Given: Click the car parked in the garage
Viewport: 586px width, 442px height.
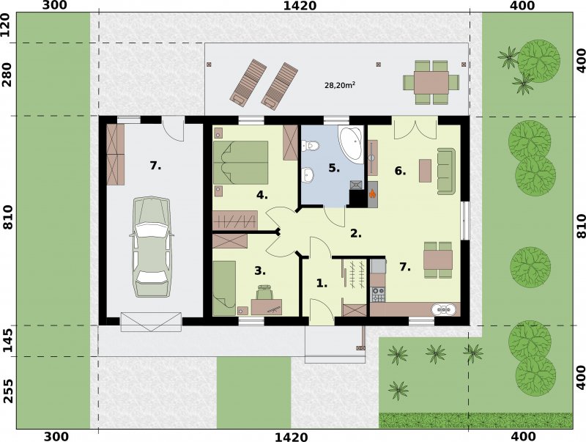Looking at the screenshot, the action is click(152, 247).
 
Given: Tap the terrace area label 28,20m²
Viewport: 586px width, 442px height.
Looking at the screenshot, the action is click(339, 85).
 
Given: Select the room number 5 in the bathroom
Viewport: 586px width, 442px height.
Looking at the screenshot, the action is click(334, 169).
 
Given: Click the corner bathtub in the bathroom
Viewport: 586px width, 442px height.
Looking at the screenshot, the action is click(352, 144).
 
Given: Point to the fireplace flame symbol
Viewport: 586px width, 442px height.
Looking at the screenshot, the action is click(372, 194).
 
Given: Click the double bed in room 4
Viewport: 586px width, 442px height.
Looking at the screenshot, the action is click(241, 162).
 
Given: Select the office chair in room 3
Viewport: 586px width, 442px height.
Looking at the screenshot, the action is click(265, 292).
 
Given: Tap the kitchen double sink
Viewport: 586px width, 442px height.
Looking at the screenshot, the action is click(444, 309).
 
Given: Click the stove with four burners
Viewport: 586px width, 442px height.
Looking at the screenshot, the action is click(378, 294).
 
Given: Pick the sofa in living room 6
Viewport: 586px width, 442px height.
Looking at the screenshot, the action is click(446, 171).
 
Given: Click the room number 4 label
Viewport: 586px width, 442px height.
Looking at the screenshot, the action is click(262, 195).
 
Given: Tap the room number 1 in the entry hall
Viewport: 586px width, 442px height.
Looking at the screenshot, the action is click(322, 283).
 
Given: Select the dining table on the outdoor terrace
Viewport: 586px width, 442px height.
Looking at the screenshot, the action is click(431, 83).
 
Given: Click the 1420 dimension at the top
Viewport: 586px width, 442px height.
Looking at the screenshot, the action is click(300, 6).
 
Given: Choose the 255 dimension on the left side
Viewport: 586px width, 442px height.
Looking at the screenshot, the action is click(8, 391).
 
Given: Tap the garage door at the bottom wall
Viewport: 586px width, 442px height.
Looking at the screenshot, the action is click(151, 322).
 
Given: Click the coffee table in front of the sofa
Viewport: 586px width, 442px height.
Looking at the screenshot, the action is click(426, 171).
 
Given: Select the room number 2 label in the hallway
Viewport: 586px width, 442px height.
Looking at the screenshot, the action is click(356, 234).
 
